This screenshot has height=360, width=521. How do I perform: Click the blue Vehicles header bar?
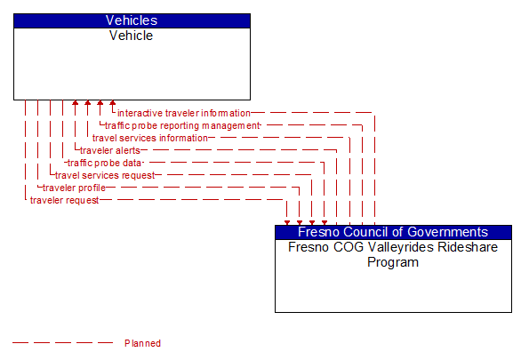[132, 20]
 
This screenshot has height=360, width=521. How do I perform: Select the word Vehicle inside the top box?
[132, 36]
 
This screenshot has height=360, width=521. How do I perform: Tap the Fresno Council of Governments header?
[393, 232]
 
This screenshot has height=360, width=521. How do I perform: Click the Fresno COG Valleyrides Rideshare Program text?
[393, 254]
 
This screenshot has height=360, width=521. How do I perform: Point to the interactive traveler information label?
[184, 114]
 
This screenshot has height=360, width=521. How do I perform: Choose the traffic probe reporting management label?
[182, 126]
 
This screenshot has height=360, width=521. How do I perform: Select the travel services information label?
[150, 139]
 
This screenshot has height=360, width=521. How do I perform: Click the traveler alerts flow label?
[110, 151]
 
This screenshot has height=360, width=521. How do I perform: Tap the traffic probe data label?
[105, 164]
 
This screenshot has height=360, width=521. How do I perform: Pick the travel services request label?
[105, 176]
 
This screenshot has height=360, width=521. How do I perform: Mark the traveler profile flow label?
[74, 188]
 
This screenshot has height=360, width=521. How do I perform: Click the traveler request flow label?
[64, 201]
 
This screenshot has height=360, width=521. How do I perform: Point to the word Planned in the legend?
[142, 343]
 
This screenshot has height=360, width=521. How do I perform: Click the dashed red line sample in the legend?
[63, 343]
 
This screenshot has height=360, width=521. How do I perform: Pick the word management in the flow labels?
[227, 126]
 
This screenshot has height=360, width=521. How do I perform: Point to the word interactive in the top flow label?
[140, 114]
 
